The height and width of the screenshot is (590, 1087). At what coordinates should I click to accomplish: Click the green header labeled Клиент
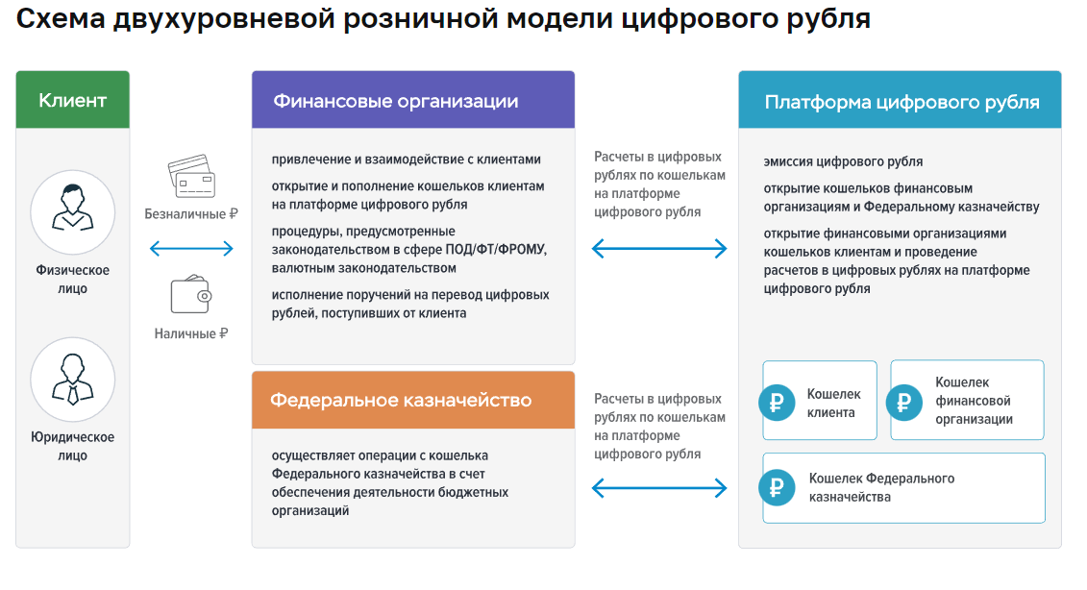(x=72, y=100)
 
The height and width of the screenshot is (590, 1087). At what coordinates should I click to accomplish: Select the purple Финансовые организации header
(x=412, y=100)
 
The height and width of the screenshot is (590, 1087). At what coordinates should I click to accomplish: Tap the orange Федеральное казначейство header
(x=412, y=400)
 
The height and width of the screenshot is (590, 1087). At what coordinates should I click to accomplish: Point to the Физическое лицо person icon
(x=73, y=211)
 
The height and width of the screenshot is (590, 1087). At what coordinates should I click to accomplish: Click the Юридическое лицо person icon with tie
(x=73, y=381)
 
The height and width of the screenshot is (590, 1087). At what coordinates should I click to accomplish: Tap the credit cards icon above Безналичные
(x=191, y=177)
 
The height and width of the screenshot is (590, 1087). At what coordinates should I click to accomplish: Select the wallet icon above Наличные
(x=190, y=295)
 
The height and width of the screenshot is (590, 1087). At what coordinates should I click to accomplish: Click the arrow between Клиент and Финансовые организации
(x=191, y=249)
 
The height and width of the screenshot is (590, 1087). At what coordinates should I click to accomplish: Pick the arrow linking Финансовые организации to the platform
(x=659, y=250)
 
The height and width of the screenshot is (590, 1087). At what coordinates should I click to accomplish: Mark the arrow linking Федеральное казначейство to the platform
(x=659, y=489)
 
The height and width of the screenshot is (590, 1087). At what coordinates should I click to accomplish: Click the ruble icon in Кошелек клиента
(x=778, y=403)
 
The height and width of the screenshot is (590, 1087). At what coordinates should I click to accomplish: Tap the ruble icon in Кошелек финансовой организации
(x=904, y=403)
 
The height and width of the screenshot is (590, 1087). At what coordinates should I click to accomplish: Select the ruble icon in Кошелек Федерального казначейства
(x=778, y=487)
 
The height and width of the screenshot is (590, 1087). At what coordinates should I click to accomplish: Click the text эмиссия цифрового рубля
(x=843, y=161)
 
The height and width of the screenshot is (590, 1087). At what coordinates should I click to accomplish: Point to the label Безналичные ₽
(x=191, y=214)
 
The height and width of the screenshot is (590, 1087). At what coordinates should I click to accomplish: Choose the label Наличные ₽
(x=191, y=334)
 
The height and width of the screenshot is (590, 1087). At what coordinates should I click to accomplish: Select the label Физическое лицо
(x=73, y=279)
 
